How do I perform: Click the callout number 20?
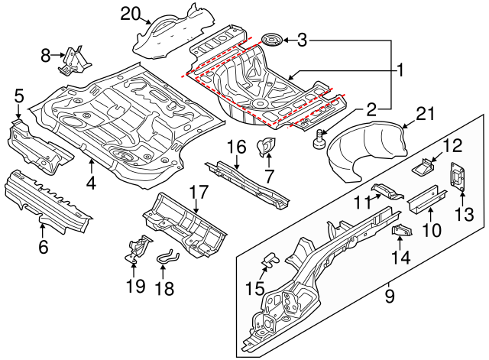point(131,13)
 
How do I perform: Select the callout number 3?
point(302,40)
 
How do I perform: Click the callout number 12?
point(452,144)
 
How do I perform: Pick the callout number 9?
point(390,294)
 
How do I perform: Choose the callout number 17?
point(198,192)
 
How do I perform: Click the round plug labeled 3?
point(271,39)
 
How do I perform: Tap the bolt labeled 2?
point(319,138)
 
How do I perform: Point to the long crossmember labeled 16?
point(248,180)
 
